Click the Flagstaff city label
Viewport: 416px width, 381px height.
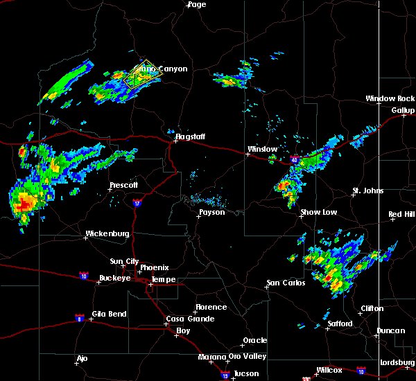(190, 136)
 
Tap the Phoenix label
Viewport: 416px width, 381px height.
(155, 267)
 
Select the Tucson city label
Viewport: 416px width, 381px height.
(248, 373)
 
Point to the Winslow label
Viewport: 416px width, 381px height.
(263, 149)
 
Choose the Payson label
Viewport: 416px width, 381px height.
(211, 212)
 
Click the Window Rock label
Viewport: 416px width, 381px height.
(390, 99)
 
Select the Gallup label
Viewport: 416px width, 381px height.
(403, 110)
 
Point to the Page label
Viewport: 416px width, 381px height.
(197, 4)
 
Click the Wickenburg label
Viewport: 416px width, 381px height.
(107, 233)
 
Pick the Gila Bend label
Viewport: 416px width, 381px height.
(110, 314)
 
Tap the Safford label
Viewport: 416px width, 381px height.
(340, 324)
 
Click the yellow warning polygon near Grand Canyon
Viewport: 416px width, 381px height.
(138, 75)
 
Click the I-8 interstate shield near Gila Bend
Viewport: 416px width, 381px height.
(80, 318)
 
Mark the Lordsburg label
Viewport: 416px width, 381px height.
(397, 363)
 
